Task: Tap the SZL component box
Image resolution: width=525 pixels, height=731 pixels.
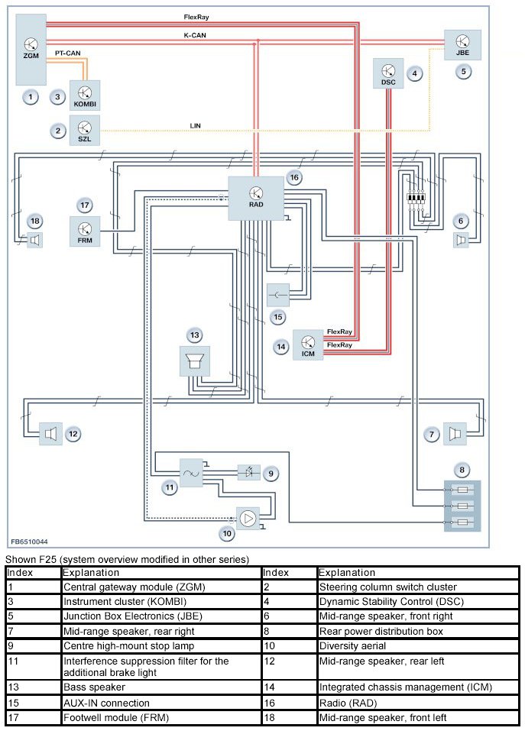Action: tap(86, 130)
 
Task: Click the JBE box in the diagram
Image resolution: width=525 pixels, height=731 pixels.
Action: tap(463, 45)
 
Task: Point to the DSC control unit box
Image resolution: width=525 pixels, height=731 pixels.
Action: tap(387, 73)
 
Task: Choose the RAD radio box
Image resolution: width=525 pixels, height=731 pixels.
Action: tap(256, 197)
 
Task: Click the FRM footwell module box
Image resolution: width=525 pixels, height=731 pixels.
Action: tap(85, 231)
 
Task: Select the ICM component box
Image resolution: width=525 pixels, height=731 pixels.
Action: tap(308, 345)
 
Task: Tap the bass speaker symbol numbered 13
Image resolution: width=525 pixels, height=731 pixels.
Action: tap(194, 361)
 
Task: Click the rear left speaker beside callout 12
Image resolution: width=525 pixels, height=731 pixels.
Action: tap(48, 434)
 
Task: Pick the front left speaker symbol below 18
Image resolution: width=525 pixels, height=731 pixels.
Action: tap(34, 241)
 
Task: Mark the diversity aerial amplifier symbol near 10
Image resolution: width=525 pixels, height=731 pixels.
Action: tap(247, 519)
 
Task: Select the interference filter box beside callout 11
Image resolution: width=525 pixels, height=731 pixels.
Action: tap(191, 473)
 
